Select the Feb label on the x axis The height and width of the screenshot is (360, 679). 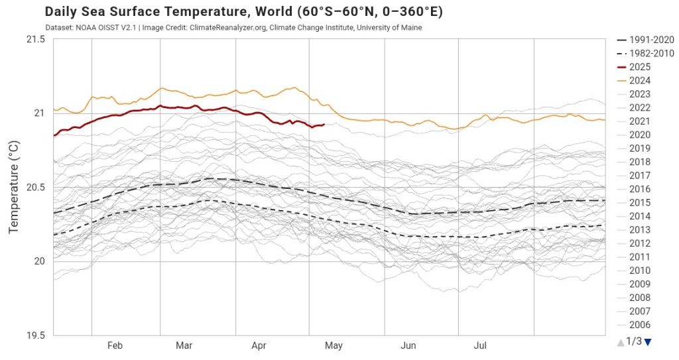click(x=115, y=346)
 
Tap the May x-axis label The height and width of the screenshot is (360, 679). click(x=334, y=346)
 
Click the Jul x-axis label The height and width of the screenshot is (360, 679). click(x=481, y=346)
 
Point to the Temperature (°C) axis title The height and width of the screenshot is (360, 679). click(x=13, y=188)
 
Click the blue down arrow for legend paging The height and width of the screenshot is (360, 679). click(x=648, y=342)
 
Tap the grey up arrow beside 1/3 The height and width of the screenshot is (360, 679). click(x=621, y=342)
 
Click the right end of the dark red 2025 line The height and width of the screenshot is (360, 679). click(x=323, y=125)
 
